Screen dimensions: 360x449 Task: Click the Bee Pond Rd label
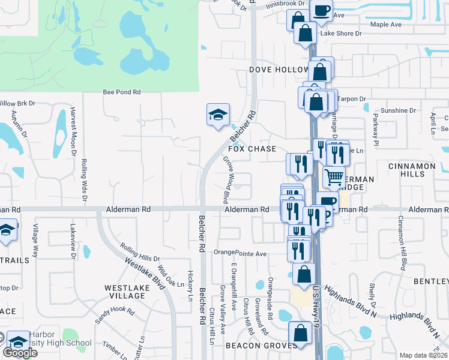[x=121, y=92]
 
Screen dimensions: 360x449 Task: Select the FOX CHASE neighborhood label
[x=252, y=149]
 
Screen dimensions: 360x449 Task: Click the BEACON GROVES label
[x=261, y=346]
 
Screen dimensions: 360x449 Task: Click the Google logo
[x=20, y=353]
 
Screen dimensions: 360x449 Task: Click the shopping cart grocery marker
[x=334, y=176]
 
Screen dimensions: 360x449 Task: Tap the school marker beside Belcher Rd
[x=218, y=113]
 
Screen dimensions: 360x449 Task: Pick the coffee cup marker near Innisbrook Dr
[x=321, y=10]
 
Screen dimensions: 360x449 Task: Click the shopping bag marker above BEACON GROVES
[x=300, y=332]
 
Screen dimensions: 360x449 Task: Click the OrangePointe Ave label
[x=240, y=253]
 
